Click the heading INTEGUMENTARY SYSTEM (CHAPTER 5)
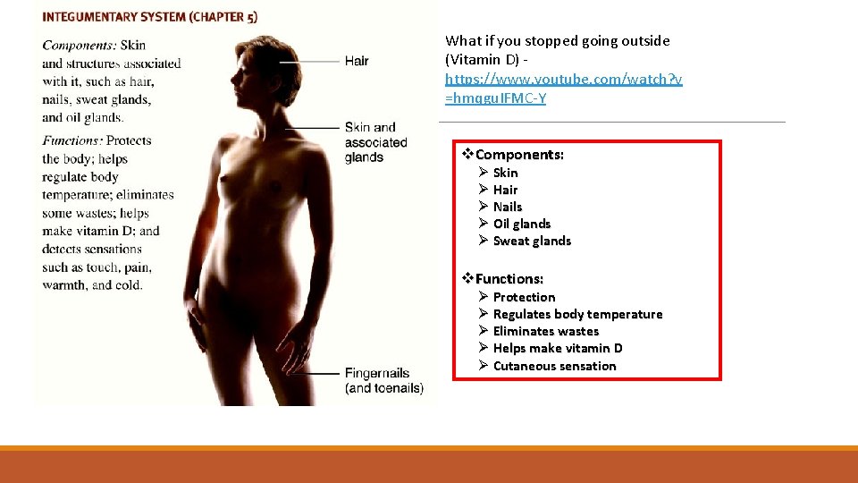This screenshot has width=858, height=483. (150, 17)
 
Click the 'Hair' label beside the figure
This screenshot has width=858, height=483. (357, 61)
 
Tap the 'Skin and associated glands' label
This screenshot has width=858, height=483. (375, 142)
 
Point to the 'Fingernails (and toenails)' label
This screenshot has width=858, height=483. (384, 380)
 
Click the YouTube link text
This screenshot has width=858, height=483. (563, 89)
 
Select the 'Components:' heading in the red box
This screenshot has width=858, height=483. (519, 155)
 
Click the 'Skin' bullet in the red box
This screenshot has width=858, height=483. (505, 173)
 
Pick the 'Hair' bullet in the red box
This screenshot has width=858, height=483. (505, 190)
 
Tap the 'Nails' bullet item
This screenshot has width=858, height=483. (507, 207)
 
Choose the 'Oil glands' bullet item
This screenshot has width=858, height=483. (521, 224)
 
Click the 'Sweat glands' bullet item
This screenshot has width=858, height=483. (531, 241)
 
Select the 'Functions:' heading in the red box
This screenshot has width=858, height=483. (509, 279)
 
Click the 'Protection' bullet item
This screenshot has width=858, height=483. (524, 297)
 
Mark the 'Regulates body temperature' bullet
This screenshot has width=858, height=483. (577, 314)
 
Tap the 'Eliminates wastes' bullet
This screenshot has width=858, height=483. (545, 331)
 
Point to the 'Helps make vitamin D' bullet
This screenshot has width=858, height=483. (557, 348)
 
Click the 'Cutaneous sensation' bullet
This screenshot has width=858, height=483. (554, 366)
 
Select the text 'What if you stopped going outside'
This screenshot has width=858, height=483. (557, 40)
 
